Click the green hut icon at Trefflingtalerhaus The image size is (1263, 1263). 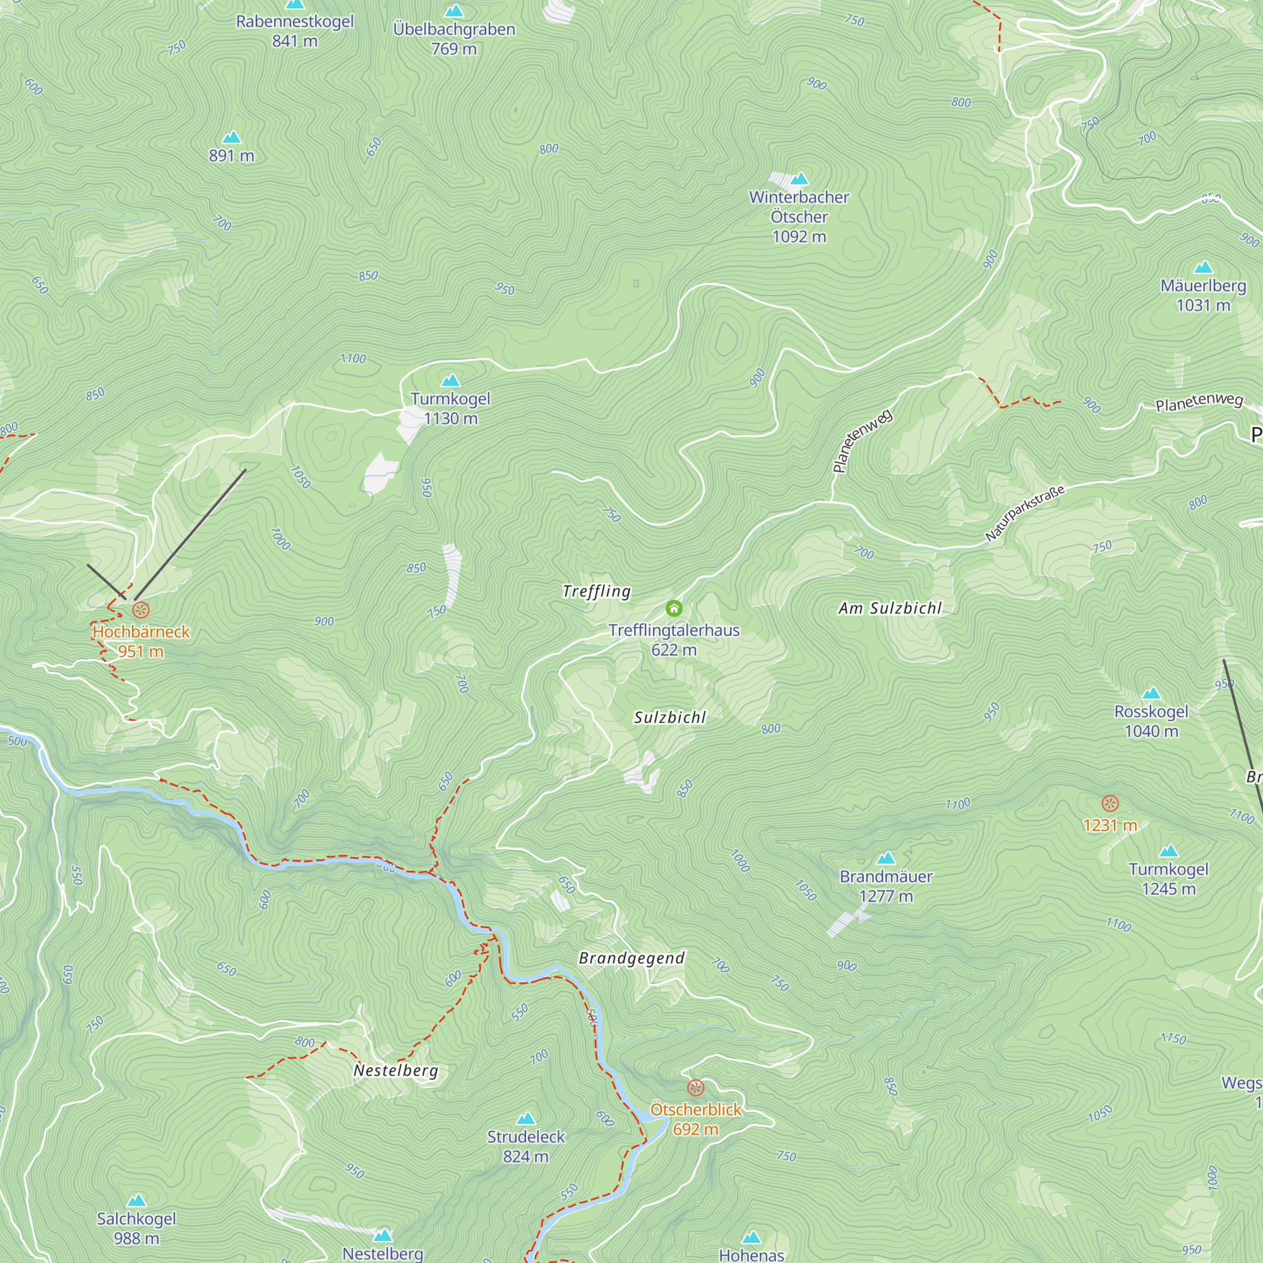674,609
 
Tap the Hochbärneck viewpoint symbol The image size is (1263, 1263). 141,611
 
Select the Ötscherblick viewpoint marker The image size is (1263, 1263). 695,1088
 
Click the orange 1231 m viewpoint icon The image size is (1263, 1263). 1110,803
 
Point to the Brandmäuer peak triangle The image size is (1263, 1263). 886,858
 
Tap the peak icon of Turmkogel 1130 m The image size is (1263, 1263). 450,380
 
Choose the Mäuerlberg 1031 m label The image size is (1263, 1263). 1203,295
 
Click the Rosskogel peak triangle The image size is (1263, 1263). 1151,693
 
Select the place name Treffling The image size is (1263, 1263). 597,592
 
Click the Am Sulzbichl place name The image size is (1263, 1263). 890,609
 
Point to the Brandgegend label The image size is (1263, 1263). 631,959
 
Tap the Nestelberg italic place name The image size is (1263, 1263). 395,1071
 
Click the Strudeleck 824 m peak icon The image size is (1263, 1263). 525,1118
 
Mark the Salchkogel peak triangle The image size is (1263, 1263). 136,1200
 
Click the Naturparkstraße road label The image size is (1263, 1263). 1024,513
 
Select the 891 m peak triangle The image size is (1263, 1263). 231,137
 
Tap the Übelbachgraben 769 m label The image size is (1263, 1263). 453,39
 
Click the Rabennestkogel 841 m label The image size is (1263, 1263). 295,31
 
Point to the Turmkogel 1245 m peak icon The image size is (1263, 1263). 1168,851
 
